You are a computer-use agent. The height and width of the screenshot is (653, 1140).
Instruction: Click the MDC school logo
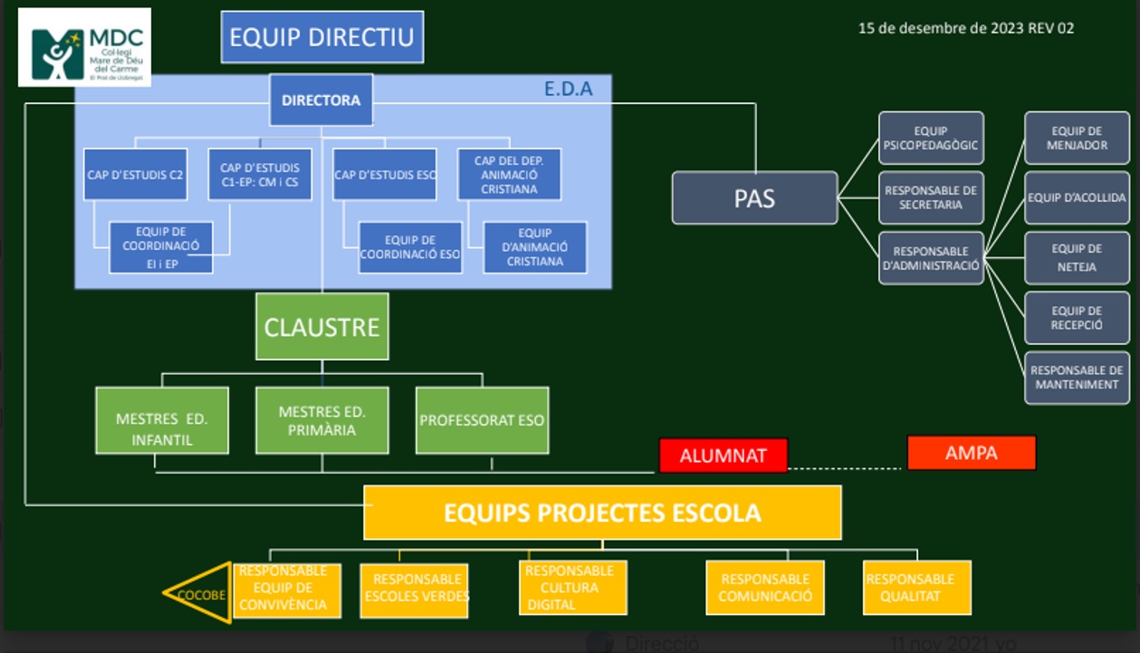tap(84, 47)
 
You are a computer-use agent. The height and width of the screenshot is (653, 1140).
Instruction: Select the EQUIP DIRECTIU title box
tap(321, 37)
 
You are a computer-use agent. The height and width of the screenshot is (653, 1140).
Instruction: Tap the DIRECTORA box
tap(321, 100)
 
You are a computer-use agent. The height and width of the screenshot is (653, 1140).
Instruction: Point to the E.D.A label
tap(568, 89)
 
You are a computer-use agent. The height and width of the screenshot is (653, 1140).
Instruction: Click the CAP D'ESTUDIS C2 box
tap(136, 174)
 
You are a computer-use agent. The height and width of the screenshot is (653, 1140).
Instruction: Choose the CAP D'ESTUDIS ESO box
tap(384, 174)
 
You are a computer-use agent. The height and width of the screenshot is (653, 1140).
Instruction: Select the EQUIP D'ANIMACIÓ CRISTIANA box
tap(534, 247)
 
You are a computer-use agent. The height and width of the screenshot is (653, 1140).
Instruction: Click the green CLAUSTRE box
tap(321, 326)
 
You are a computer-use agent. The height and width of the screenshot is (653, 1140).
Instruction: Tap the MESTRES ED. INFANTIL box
tap(162, 429)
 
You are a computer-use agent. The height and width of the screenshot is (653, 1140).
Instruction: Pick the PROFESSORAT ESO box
tap(482, 420)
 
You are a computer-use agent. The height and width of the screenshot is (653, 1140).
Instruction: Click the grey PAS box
tap(754, 197)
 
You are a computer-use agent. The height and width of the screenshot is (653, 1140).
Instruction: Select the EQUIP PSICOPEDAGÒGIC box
tap(931, 138)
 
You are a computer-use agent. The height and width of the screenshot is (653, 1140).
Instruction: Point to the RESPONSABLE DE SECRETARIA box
tap(931, 197)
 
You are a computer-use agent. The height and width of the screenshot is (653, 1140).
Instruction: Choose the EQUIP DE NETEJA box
tap(1077, 257)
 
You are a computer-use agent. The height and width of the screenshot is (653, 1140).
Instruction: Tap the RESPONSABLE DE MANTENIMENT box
tap(1077, 377)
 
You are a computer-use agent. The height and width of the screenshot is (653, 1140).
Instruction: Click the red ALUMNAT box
tap(723, 455)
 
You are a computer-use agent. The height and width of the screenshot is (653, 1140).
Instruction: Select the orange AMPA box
tap(971, 453)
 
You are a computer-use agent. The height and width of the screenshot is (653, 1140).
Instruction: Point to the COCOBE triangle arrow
tap(199, 594)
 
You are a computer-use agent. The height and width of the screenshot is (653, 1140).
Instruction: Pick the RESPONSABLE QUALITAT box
tap(916, 587)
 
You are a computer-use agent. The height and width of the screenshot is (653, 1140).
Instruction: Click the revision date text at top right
tap(965, 28)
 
